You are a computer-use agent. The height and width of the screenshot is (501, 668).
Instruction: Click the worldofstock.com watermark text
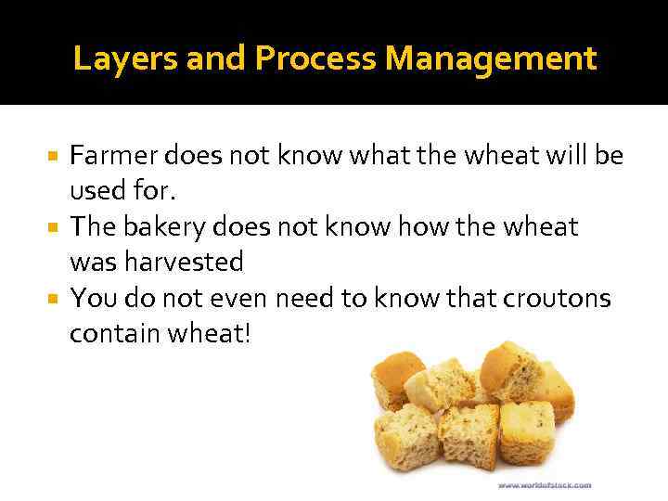(545, 484)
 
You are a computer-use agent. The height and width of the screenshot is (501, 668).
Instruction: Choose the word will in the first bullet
(559, 155)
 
